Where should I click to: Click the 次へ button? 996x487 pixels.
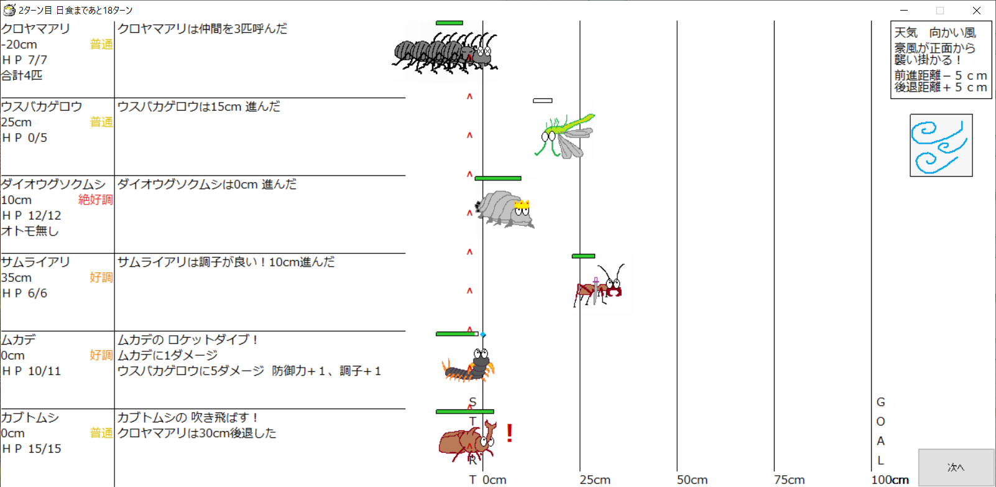[956, 467]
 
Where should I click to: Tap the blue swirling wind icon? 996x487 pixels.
[941, 146]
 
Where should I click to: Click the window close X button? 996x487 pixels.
[977, 10]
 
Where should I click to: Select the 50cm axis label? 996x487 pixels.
[692, 480]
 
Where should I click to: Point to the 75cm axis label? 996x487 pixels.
[789, 480]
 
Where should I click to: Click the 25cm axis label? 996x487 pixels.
[595, 480]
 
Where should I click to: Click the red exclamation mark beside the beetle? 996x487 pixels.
[510, 433]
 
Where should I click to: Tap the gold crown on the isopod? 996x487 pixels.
[522, 205]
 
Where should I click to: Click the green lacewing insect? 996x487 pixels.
[565, 135]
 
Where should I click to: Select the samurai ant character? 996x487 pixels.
[599, 285]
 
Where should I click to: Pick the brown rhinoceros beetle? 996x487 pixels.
[468, 442]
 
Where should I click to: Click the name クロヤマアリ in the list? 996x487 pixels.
[35, 29]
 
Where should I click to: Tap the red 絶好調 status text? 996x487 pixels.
[96, 200]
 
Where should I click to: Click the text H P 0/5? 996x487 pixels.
[24, 138]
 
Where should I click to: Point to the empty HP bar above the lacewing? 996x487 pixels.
[543, 101]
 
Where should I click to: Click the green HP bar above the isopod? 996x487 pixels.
[498, 179]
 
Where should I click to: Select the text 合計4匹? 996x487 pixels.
[22, 75]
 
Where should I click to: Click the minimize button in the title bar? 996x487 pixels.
[904, 10]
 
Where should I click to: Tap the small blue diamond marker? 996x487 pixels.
[483, 335]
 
